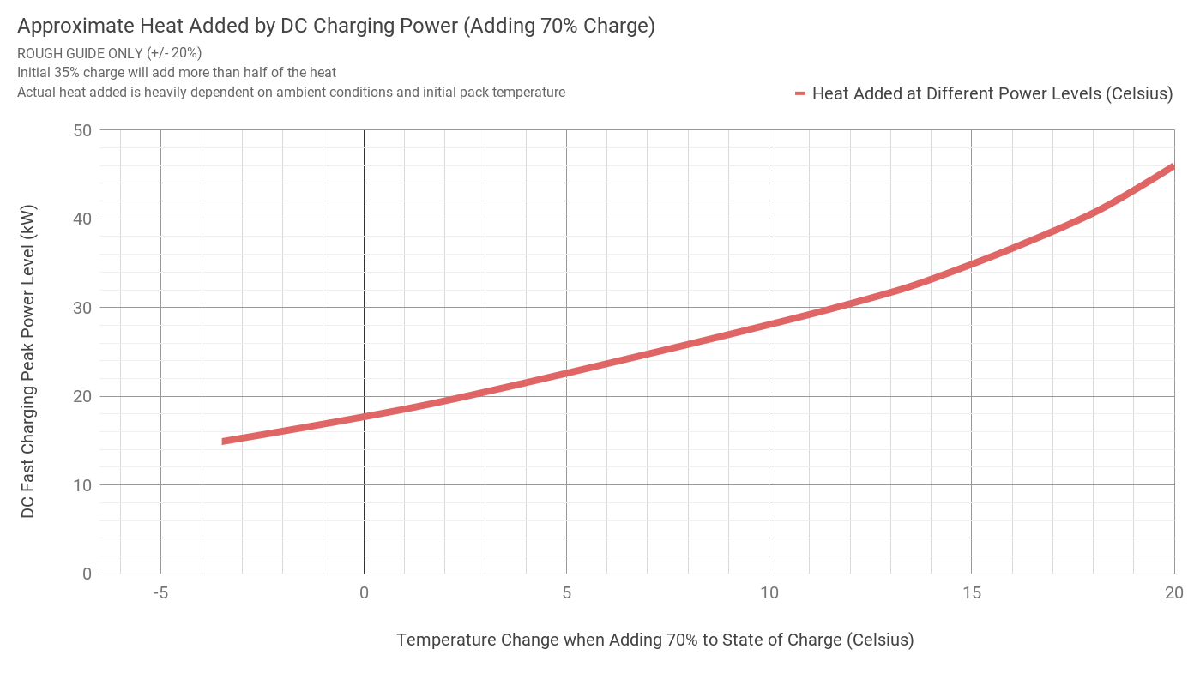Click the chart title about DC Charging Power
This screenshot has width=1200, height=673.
335,27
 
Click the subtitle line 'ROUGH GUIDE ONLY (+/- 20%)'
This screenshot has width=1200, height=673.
109,53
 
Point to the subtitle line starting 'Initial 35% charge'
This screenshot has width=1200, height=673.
177,73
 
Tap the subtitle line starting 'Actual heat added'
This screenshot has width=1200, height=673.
291,93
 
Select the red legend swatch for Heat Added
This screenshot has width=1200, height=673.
800,93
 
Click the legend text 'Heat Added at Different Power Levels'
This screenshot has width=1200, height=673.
992,93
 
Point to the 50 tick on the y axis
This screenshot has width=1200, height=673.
83,130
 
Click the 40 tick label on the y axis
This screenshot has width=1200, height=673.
83,219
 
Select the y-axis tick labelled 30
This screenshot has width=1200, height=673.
83,308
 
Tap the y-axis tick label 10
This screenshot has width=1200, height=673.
83,485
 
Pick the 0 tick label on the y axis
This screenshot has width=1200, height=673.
87,574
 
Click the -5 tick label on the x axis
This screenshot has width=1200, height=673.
160,593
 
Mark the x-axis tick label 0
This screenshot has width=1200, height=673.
364,593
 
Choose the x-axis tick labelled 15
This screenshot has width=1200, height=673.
971,593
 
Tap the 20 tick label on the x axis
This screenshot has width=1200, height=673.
1173,593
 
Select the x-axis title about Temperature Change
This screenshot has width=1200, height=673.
654,640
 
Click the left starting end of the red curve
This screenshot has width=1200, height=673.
224,442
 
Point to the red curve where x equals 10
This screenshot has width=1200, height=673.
769,324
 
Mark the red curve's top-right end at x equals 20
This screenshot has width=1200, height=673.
1172,167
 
